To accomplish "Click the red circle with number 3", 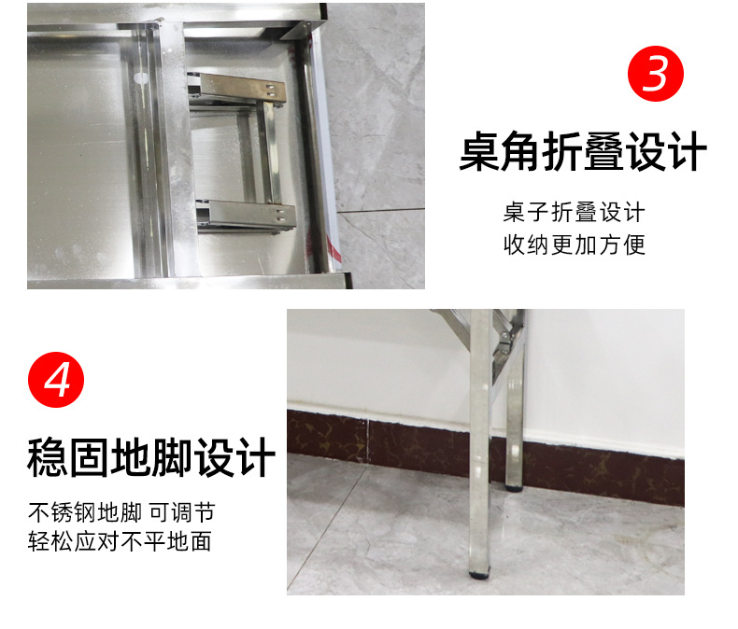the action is tap(656, 74).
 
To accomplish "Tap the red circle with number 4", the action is tap(56, 380).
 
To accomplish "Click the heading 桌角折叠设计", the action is tap(583, 151).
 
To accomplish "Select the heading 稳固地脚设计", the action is tap(151, 457).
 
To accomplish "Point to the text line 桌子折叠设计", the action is tap(575, 212).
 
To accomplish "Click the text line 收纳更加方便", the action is tap(575, 245).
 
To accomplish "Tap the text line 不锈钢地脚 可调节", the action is tap(121, 512).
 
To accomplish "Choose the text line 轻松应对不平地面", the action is tap(120, 541).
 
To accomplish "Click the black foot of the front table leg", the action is tap(480, 573).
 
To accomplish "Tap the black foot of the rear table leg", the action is tap(514, 487).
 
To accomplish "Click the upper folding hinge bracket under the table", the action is tap(236, 88).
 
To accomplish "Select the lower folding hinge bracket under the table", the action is tap(247, 216).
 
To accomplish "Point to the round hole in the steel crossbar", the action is tap(141, 77).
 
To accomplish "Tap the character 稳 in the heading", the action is tap(48, 457).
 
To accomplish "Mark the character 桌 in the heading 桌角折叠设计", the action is tap(479, 151).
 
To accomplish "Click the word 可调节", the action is tap(182, 512).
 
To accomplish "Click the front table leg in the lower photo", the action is tap(480, 443).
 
